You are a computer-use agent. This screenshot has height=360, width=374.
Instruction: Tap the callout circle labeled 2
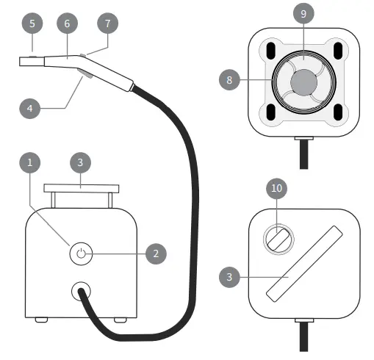[x=156, y=254]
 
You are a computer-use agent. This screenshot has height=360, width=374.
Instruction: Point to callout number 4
[x=29, y=107]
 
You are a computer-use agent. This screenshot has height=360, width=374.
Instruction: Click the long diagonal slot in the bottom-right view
[x=303, y=264]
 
